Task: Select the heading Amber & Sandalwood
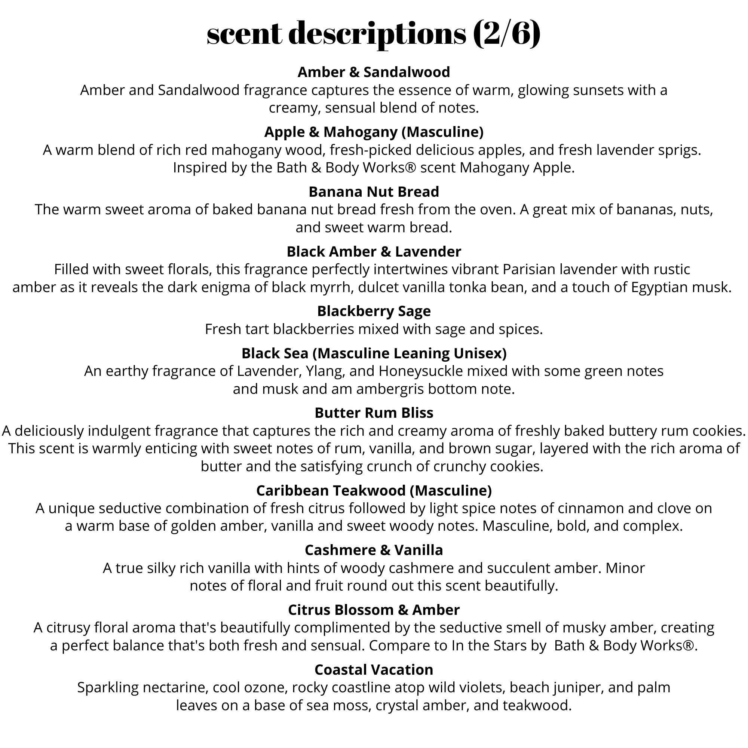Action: tap(374, 72)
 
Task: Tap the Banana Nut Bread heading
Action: tap(374, 191)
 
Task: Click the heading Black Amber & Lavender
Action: tap(374, 252)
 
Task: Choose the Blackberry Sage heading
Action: tap(374, 311)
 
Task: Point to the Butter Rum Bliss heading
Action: tap(374, 413)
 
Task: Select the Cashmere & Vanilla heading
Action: tap(374, 550)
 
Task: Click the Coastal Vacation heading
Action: tap(374, 670)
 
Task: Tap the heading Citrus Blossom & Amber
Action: tap(374, 610)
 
